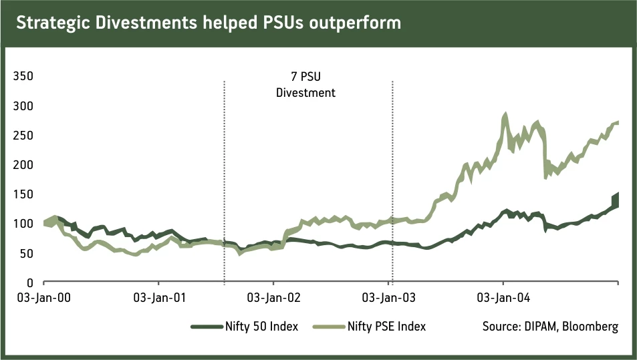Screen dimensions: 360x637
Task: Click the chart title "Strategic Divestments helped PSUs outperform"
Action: click(x=208, y=23)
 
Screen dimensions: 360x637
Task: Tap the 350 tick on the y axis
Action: click(x=23, y=77)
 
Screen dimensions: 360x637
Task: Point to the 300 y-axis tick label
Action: click(x=23, y=106)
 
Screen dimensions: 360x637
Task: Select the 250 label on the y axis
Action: click(x=23, y=136)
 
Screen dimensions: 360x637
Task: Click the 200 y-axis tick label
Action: click(x=23, y=165)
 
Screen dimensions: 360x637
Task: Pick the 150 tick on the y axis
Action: click(x=23, y=194)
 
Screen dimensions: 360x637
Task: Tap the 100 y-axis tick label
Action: click(x=23, y=224)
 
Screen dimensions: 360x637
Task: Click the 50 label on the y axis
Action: click(x=26, y=253)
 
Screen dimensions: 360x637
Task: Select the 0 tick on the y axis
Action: click(x=29, y=283)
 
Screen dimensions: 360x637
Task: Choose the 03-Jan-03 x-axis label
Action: click(x=388, y=297)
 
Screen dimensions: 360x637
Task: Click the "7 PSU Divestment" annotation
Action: click(x=305, y=85)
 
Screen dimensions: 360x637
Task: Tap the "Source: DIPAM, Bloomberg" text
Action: click(x=549, y=327)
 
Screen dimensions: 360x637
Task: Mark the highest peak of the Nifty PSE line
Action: click(x=505, y=116)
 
